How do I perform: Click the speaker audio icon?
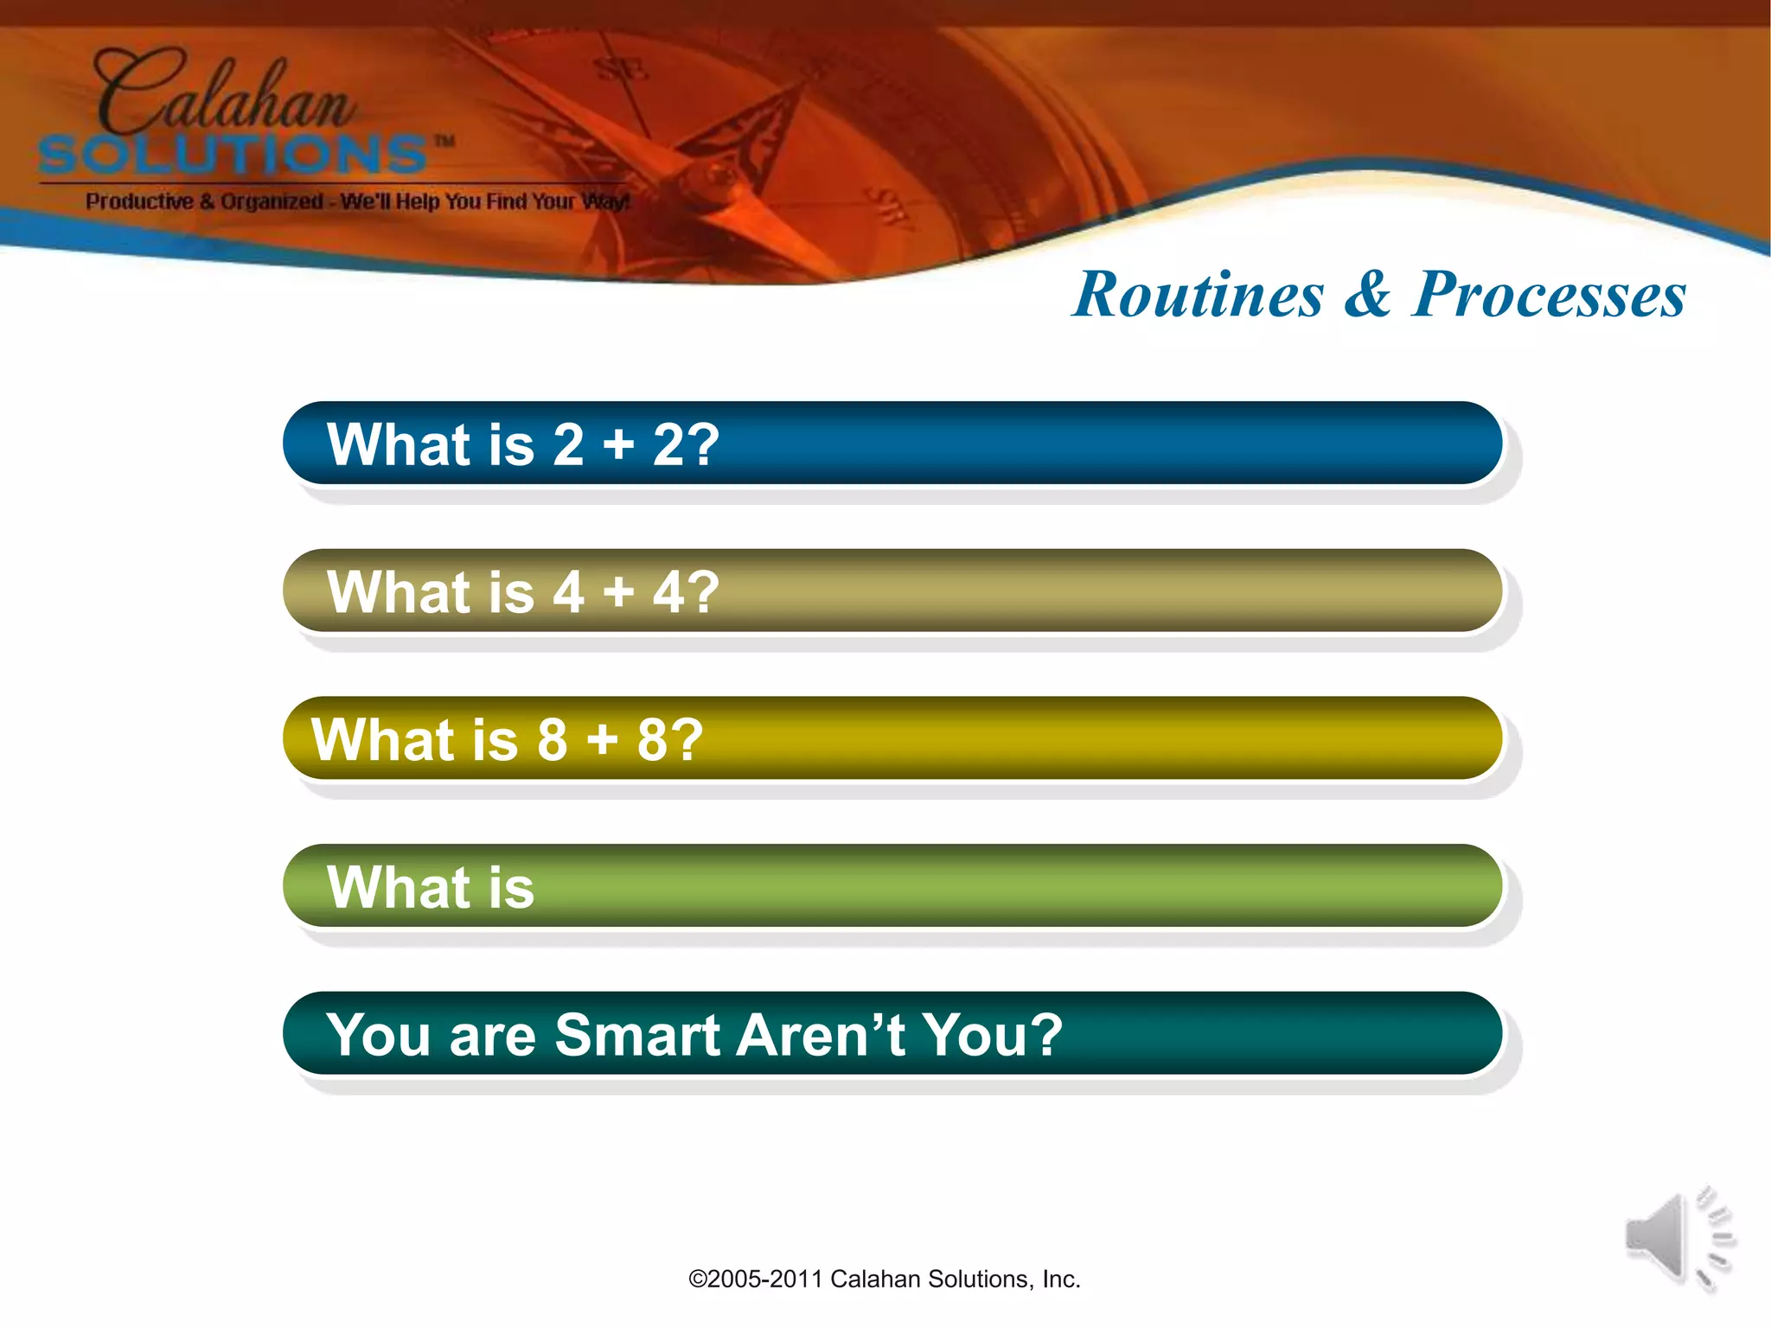(1678, 1238)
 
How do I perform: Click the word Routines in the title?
(1198, 295)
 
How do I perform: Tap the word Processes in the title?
(1548, 295)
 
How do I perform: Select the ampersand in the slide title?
(1368, 295)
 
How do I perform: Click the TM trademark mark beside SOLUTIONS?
(444, 141)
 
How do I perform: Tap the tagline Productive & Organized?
(204, 201)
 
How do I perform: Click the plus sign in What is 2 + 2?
(618, 446)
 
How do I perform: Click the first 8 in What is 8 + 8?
(552, 740)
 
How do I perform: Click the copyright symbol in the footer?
(697, 1280)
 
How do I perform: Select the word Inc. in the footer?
(1061, 1280)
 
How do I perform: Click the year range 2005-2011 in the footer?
(764, 1280)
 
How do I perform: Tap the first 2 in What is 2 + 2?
(568, 445)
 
